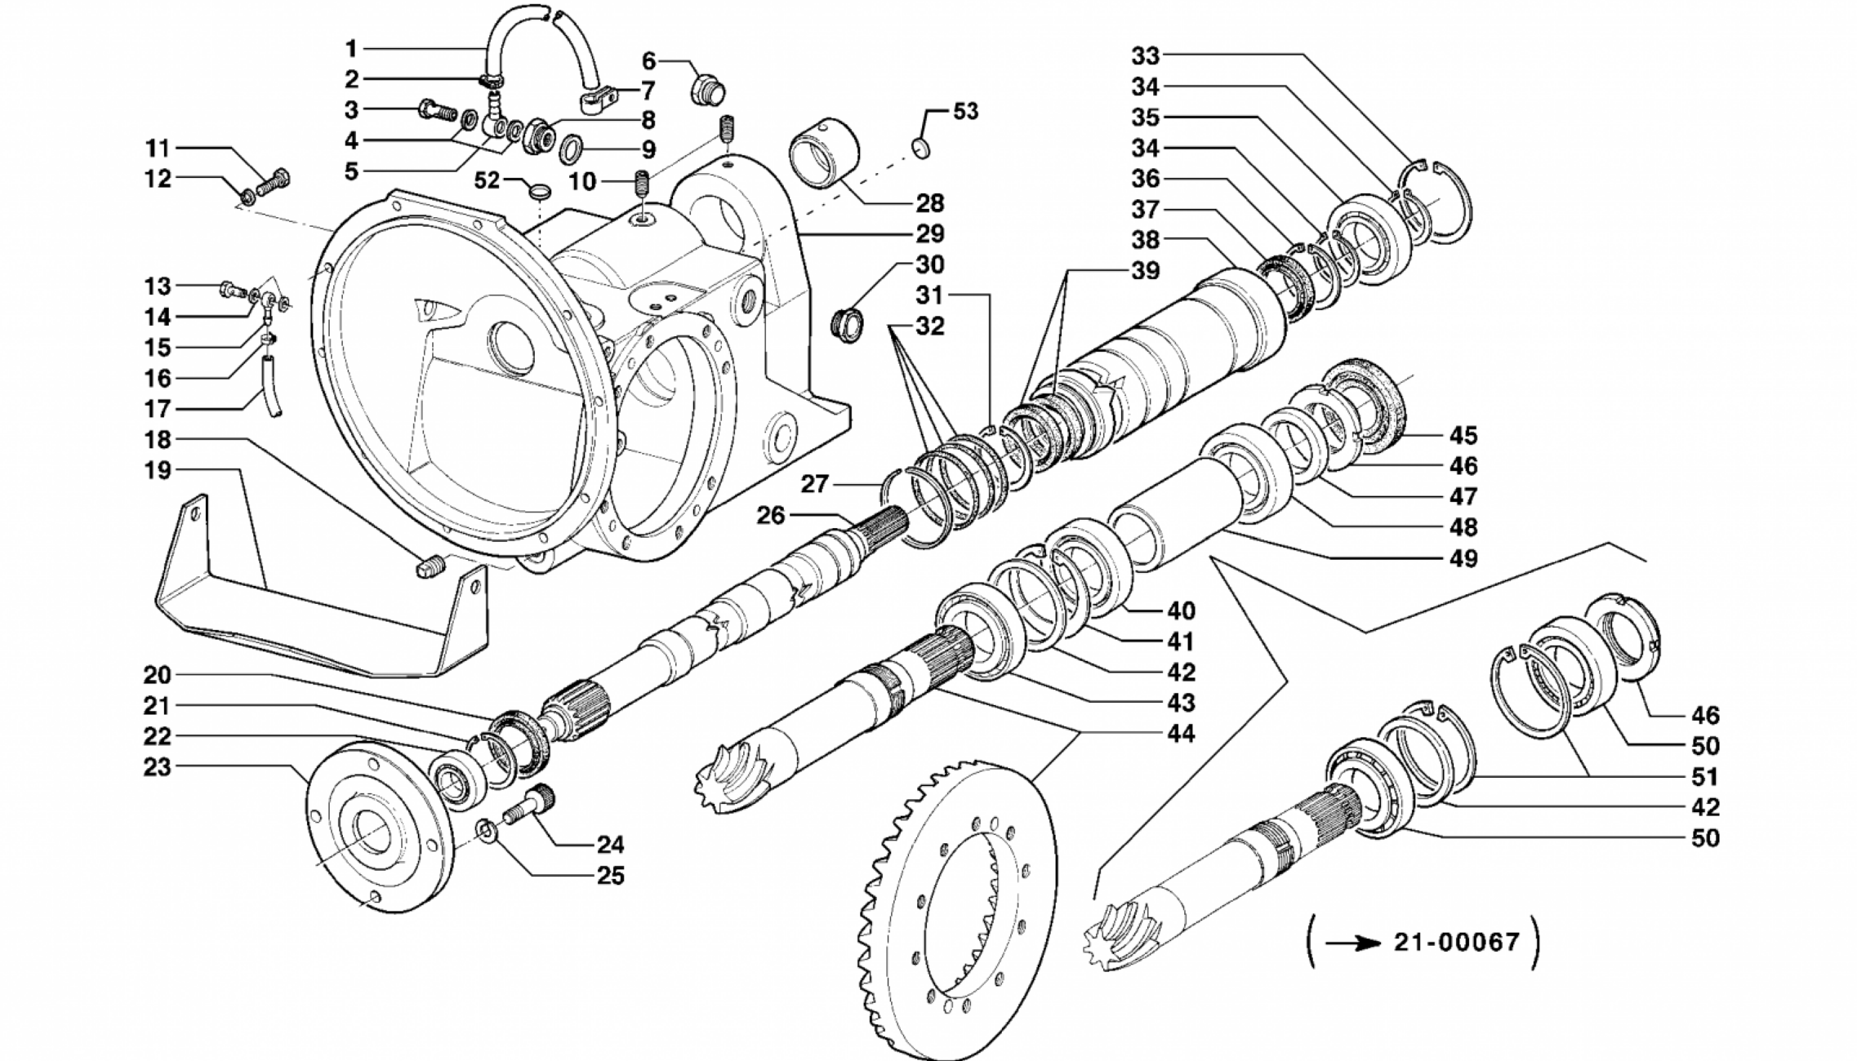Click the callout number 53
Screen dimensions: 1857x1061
click(965, 111)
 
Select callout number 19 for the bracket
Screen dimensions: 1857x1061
click(157, 471)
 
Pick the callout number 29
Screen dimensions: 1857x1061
click(929, 233)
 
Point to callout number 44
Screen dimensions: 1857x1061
click(1180, 733)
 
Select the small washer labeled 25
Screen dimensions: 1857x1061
click(485, 832)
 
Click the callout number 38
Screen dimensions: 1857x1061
click(1145, 239)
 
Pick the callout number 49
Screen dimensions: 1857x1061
click(1463, 558)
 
